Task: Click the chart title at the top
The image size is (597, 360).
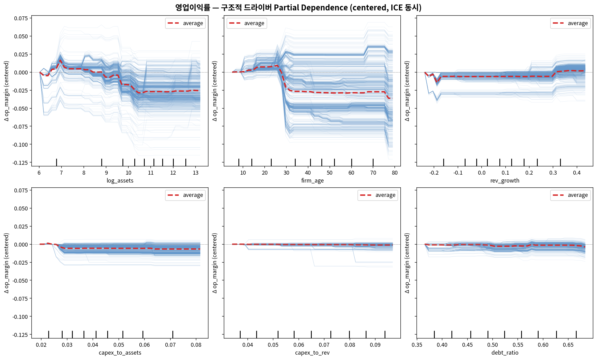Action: click(x=298, y=7)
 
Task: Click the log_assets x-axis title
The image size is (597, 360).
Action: click(x=120, y=181)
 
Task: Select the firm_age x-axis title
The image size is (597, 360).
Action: click(x=312, y=181)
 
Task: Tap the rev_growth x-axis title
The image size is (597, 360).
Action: click(x=505, y=181)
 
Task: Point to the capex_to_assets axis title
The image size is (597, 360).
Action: click(x=120, y=353)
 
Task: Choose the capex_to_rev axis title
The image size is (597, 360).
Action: click(x=312, y=353)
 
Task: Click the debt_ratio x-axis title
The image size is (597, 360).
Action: click(x=505, y=353)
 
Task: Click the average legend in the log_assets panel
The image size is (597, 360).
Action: click(x=185, y=23)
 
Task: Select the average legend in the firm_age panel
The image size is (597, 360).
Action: click(x=247, y=23)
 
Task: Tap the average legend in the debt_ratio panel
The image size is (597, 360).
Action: click(x=570, y=195)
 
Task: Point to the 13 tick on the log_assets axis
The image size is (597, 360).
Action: click(x=196, y=173)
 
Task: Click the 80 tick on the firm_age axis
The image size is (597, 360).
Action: click(x=395, y=173)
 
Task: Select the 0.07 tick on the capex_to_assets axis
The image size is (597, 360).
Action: click(x=170, y=345)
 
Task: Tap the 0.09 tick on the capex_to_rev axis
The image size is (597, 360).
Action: click(x=375, y=345)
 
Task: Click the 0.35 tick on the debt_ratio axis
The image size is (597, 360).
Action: click(x=417, y=345)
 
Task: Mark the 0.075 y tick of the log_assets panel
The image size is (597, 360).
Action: click(x=21, y=18)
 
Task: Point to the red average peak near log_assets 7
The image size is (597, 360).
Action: click(x=60, y=61)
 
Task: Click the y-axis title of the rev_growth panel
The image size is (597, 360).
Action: click(x=407, y=91)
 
